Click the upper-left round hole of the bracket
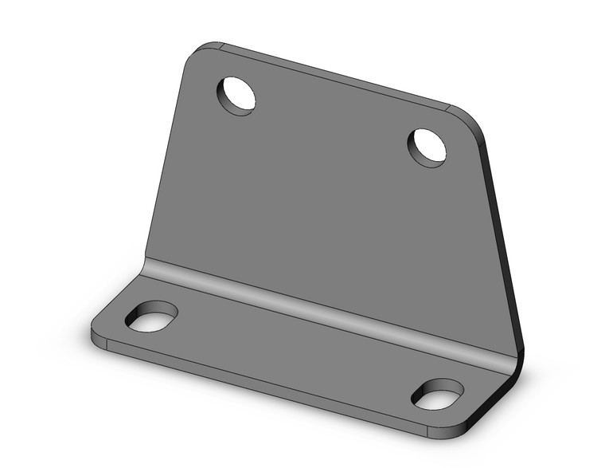pos(237,95)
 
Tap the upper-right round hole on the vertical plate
pos(427,147)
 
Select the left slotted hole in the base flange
pos(151,317)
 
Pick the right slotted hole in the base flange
pos(438,394)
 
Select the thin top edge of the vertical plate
pos(334,77)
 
